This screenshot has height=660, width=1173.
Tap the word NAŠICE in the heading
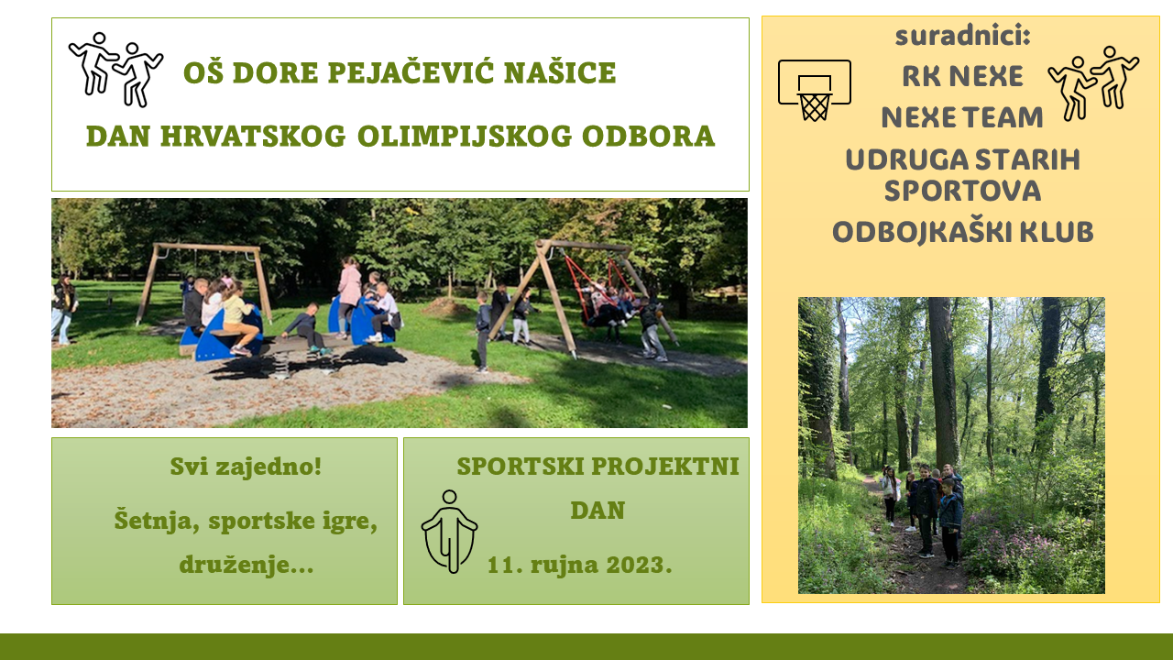pos(560,72)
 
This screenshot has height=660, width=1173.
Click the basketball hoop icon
pos(815,90)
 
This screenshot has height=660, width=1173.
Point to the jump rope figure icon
pos(449,531)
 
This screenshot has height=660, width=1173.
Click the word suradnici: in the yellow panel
pos(962,36)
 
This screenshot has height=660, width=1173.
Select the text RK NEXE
pos(962,76)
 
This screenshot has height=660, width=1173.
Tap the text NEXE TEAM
pos(962,117)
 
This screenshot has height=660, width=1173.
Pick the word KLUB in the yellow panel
pos(1057,232)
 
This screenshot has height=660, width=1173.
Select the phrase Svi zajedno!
pos(246,467)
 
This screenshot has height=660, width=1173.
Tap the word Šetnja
pos(157,520)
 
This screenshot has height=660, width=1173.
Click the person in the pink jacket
pos(349,296)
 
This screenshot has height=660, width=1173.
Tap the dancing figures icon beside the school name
pos(115,70)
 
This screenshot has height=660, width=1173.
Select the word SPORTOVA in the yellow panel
pos(962,192)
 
